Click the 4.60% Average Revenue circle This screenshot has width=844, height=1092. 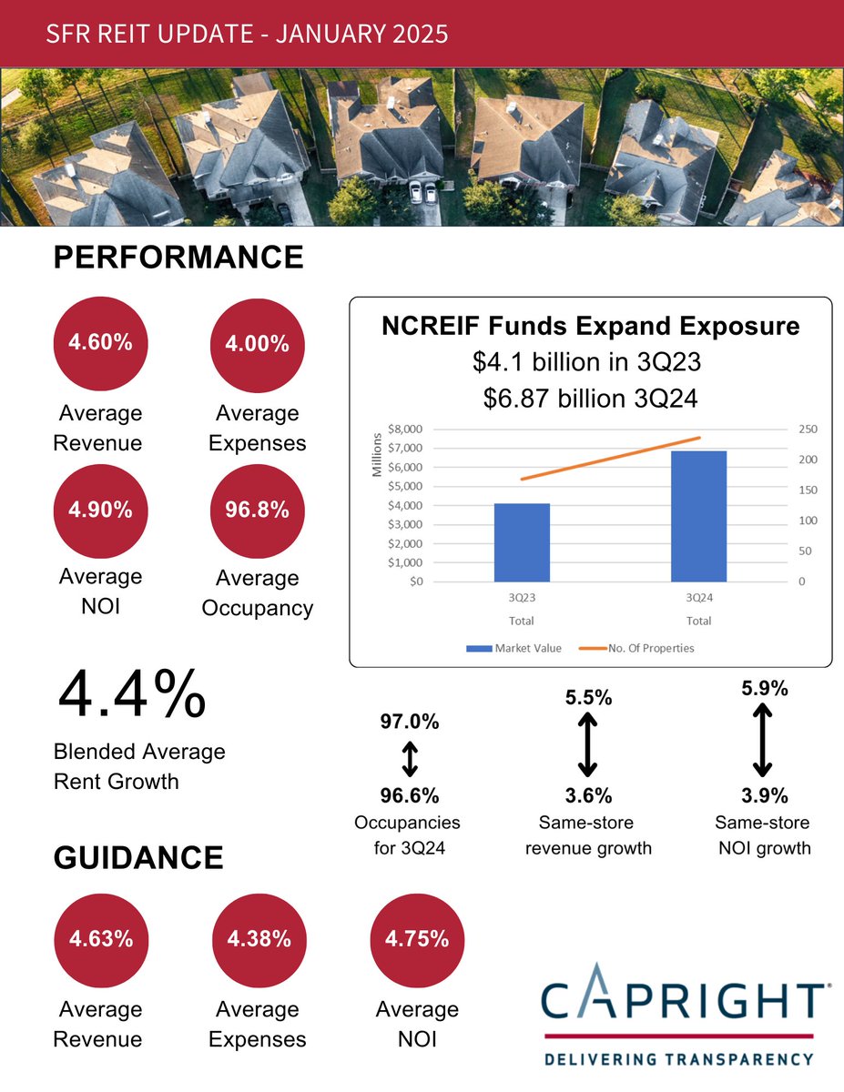(x=100, y=343)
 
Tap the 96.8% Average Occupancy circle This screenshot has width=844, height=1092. (x=257, y=510)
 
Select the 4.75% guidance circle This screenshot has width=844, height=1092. (x=417, y=940)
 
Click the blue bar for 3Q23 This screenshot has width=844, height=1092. (x=522, y=542)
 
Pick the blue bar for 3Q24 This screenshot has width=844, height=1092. (x=698, y=516)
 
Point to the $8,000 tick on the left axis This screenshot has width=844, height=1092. (x=404, y=429)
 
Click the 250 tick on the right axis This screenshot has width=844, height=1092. (x=808, y=429)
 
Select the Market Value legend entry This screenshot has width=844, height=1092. (x=515, y=648)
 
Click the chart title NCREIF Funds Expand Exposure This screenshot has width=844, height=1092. (x=590, y=326)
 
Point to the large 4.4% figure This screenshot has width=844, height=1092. (x=131, y=697)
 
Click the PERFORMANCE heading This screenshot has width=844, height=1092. (x=178, y=258)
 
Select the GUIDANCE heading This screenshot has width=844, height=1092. (x=138, y=858)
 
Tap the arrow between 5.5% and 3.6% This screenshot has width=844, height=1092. (x=588, y=743)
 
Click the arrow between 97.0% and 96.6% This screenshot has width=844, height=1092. (x=410, y=758)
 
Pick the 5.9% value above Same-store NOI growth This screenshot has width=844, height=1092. (x=765, y=689)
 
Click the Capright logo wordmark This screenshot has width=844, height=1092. (x=683, y=998)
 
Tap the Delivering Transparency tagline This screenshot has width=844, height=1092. (x=678, y=1058)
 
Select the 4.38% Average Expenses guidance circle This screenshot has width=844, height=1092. (x=258, y=940)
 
